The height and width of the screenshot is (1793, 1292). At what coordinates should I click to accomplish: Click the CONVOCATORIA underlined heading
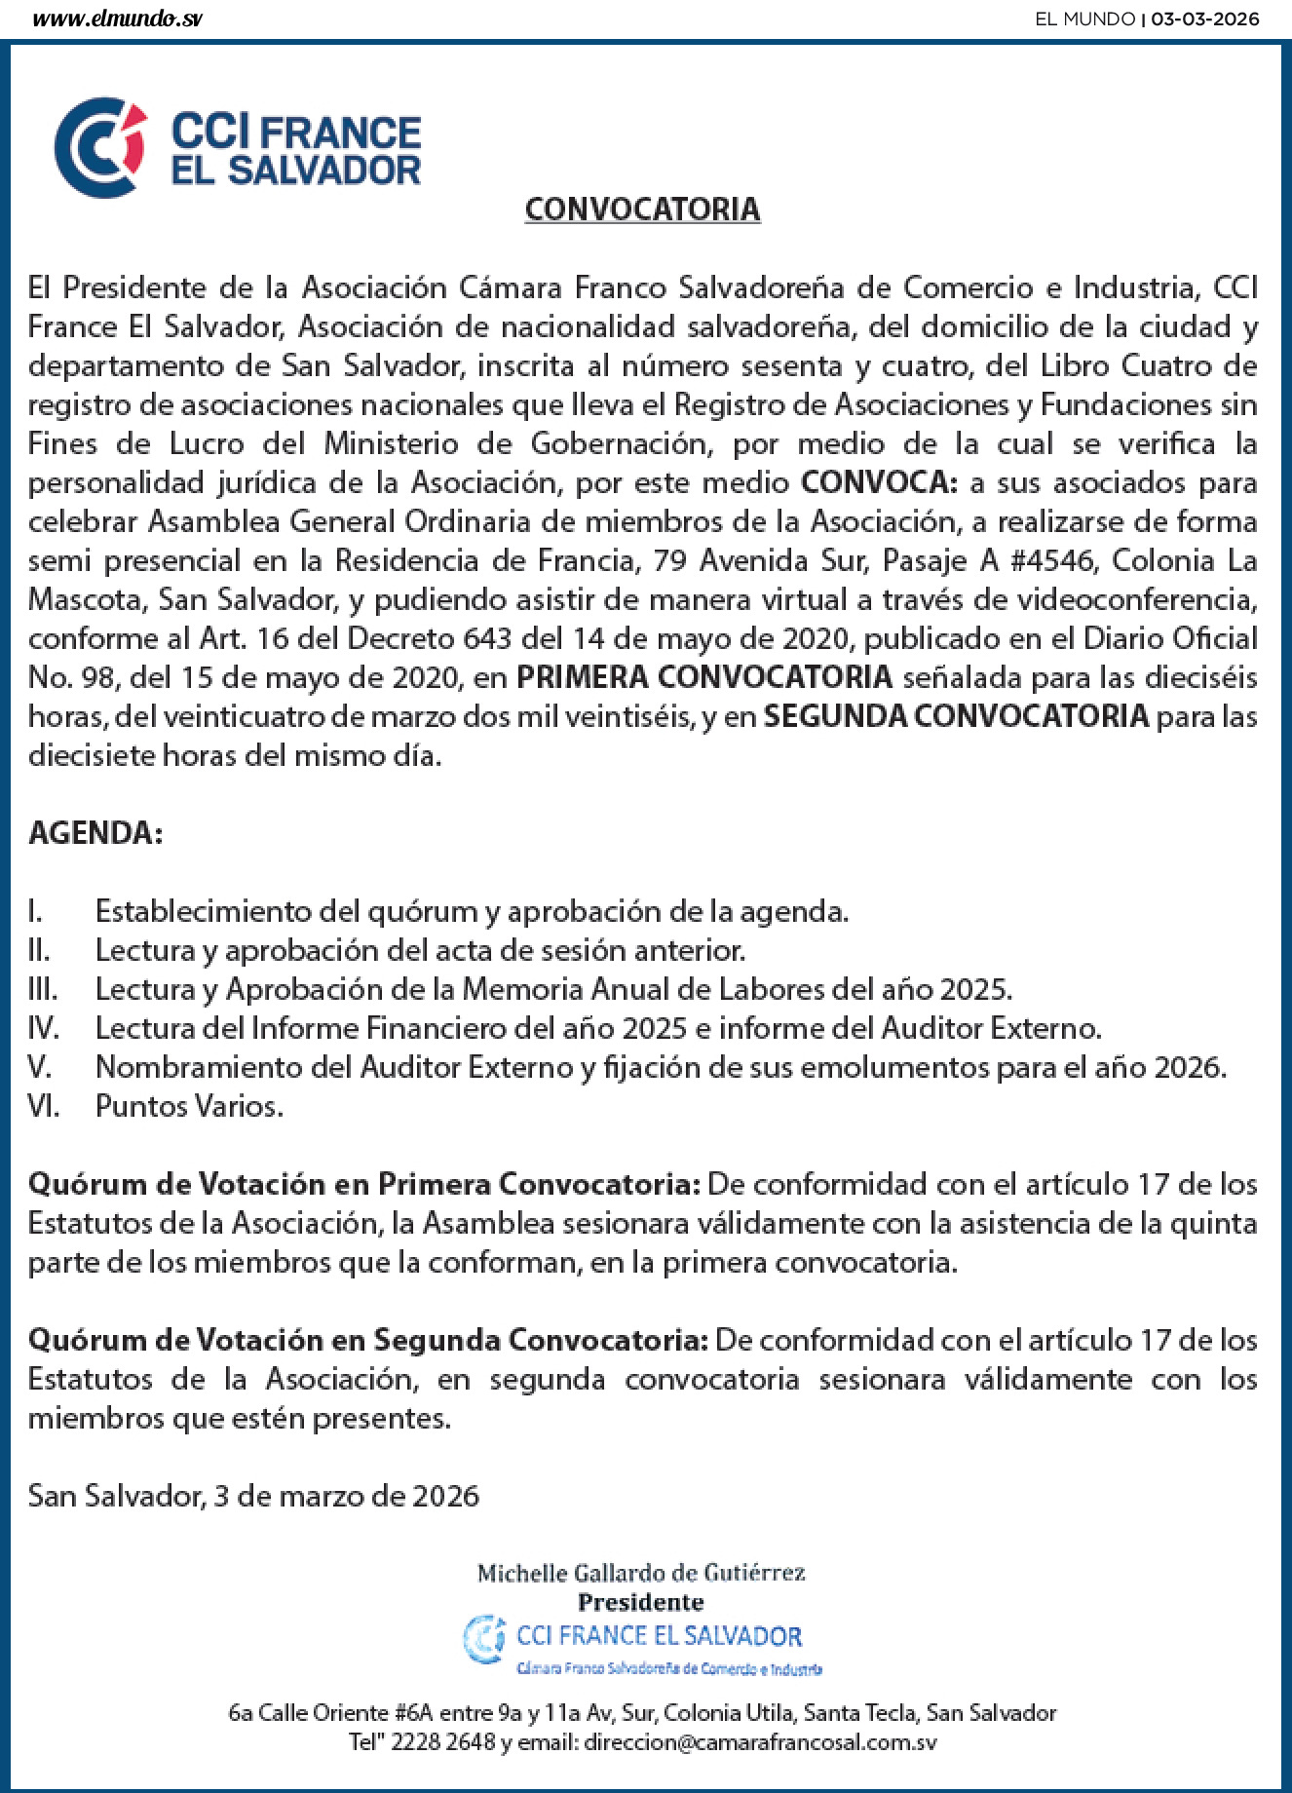click(642, 210)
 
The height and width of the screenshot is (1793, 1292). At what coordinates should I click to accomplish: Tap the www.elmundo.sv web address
click(118, 19)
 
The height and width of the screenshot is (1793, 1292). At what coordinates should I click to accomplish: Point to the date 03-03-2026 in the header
click(1205, 19)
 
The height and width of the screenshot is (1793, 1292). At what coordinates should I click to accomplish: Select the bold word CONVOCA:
click(880, 482)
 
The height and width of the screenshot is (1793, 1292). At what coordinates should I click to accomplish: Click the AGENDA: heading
click(95, 833)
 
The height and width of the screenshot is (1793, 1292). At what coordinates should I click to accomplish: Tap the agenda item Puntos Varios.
click(189, 1106)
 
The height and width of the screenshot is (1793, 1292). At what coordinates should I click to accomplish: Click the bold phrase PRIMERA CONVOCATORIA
click(703, 677)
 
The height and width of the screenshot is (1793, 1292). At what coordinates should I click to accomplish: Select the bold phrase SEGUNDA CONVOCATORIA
click(957, 716)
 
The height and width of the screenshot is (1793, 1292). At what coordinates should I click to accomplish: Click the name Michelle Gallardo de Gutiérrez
click(641, 1572)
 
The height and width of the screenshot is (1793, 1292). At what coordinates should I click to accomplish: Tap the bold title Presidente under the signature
click(640, 1601)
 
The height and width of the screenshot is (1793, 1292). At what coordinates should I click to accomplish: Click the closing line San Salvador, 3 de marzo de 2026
click(253, 1496)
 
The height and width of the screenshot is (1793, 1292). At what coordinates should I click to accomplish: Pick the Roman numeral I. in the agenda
click(35, 911)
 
